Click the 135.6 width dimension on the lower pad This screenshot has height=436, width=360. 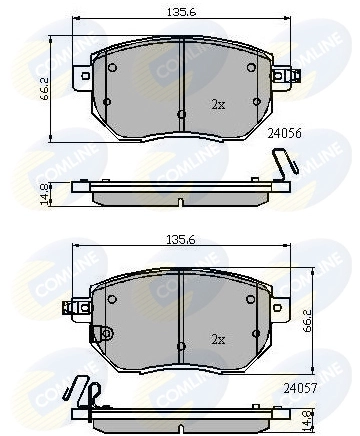[182, 240]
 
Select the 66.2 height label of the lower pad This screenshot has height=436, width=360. [312, 318]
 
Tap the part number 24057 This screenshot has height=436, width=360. [299, 385]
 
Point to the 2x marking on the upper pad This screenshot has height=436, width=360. [218, 104]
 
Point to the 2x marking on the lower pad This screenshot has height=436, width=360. [218, 339]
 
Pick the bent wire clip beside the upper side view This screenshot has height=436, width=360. [284, 164]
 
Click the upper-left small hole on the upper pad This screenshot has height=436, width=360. [112, 68]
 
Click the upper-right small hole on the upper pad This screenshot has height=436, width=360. [250, 68]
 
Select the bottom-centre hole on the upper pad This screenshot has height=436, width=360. [181, 114]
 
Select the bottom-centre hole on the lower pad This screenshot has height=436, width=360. [181, 347]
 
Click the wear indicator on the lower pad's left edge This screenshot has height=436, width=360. [97, 334]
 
